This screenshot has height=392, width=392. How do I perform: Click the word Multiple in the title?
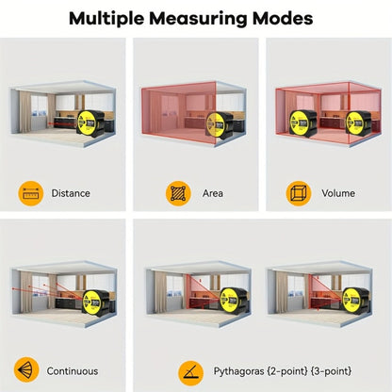pyautogui.click(x=106, y=19)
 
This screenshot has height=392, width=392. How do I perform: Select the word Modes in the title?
pyautogui.click(x=283, y=18)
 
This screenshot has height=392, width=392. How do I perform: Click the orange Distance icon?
pyautogui.click(x=31, y=193)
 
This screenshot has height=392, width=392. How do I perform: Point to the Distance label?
pyautogui.click(x=71, y=193)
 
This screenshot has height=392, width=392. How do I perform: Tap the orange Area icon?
pyautogui.click(x=178, y=193)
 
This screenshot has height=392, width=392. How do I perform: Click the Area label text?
pyautogui.click(x=213, y=193)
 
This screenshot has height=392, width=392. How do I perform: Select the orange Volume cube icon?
pyautogui.click(x=299, y=193)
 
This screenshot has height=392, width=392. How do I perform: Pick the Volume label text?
pyautogui.click(x=338, y=193)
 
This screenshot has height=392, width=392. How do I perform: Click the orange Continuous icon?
pyautogui.click(x=26, y=369)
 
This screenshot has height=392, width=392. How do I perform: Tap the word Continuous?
pyautogui.click(x=73, y=371)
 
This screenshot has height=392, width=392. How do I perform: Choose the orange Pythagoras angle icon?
pyautogui.click(x=190, y=373)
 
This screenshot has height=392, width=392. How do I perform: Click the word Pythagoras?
pyautogui.click(x=238, y=371)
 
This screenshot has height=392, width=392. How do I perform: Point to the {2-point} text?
pyautogui.click(x=286, y=371)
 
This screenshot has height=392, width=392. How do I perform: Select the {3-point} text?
pyautogui.click(x=331, y=371)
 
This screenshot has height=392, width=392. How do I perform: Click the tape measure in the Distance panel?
pyautogui.click(x=90, y=123)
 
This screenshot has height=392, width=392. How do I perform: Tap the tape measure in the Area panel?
pyautogui.click(x=220, y=125)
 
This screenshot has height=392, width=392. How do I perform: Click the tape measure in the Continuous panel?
pyautogui.click(x=96, y=302)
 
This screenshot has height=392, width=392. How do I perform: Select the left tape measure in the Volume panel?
pyautogui.click(x=302, y=123)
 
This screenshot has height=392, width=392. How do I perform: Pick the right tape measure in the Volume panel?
pyautogui.click(x=358, y=123)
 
